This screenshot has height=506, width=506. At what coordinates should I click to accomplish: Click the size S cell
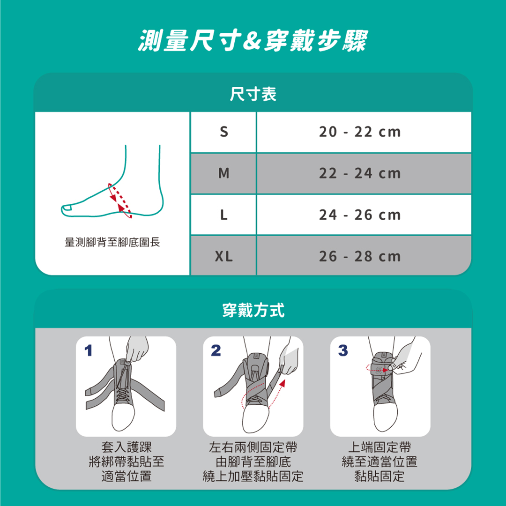pyautogui.click(x=223, y=132)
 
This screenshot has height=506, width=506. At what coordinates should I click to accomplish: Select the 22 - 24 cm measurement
pyautogui.click(x=360, y=173)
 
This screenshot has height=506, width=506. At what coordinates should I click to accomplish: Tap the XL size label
pyautogui.click(x=223, y=257)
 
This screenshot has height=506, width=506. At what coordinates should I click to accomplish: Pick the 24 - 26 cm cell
pyautogui.click(x=364, y=215)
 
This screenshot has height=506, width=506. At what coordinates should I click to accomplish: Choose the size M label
pyautogui.click(x=223, y=173)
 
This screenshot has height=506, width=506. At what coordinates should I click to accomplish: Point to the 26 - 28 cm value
pyautogui.click(x=360, y=257)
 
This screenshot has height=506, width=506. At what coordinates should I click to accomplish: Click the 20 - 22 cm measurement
pyautogui.click(x=360, y=132)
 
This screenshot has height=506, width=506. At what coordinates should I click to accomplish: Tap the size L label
pyautogui.click(x=223, y=215)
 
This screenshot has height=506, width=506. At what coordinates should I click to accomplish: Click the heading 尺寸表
pyautogui.click(x=253, y=94)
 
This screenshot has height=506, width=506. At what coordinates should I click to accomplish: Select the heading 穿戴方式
pyautogui.click(x=253, y=310)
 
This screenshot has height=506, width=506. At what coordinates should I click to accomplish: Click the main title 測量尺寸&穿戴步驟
pyautogui.click(x=253, y=40)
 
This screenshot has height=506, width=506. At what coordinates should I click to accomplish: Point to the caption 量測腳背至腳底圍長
pyautogui.click(x=112, y=242)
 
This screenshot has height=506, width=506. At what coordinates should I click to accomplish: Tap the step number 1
pyautogui.click(x=89, y=350)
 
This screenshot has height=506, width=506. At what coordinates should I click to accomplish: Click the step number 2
pyautogui.click(x=216, y=350)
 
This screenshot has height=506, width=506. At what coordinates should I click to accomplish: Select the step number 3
pyautogui.click(x=343, y=350)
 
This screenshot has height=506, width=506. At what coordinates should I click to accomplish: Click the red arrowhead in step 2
pyautogui.click(x=283, y=383)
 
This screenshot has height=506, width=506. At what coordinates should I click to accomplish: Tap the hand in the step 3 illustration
pyautogui.click(x=404, y=358)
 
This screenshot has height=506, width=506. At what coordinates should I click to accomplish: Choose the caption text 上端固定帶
pyautogui.click(x=379, y=447)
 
